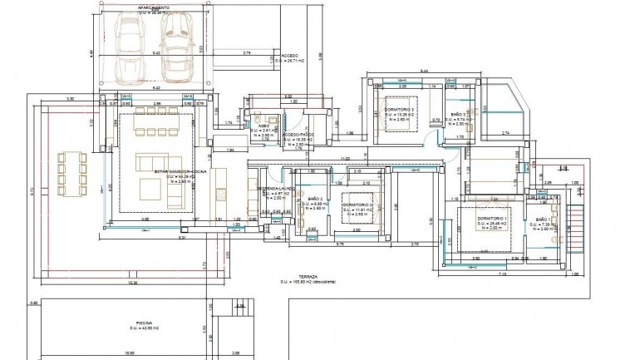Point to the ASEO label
[262, 126]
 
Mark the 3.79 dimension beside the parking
[247, 53]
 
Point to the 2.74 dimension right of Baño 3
[505, 133]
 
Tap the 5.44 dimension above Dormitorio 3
[424, 72]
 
